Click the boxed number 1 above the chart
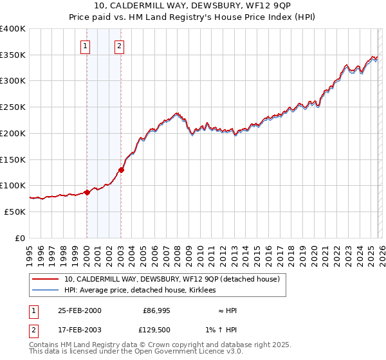tap(86, 46)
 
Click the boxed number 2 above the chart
tap(120, 46)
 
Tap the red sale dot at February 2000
tap(87, 192)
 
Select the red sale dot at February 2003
tap(121, 170)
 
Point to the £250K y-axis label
tap(13, 107)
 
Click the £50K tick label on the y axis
tap(15, 212)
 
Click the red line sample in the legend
tap(45, 280)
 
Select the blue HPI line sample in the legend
tap(45, 291)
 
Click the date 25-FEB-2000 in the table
tap(79, 310)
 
